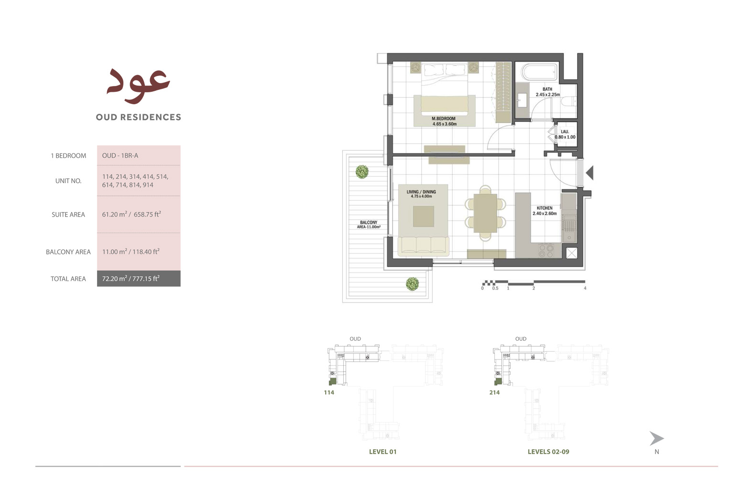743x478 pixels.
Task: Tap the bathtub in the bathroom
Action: click(x=539, y=72)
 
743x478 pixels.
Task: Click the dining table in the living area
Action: click(x=485, y=213)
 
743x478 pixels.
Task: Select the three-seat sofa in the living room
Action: click(x=423, y=245)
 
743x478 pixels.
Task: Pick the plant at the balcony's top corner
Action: click(x=362, y=171)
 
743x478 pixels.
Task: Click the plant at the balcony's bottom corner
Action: click(x=412, y=284)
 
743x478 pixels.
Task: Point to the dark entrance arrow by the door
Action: click(x=590, y=173)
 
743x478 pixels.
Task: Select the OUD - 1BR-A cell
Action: click(x=120, y=155)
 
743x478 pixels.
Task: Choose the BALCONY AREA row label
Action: click(x=68, y=252)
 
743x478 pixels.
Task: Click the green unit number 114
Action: click(x=329, y=392)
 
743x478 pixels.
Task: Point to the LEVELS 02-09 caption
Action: click(x=548, y=452)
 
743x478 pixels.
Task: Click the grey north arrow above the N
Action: click(x=656, y=438)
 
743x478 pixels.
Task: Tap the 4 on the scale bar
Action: click(x=585, y=288)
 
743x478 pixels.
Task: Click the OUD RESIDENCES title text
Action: click(x=138, y=117)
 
